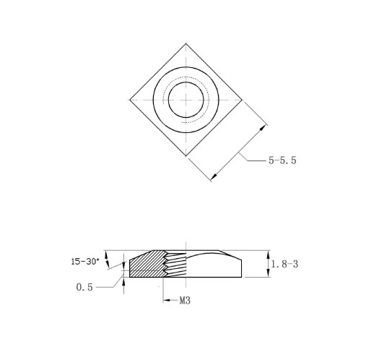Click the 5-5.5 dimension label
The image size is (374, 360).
[282, 160]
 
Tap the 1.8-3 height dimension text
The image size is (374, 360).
[284, 265]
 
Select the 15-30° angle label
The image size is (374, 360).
[85, 262]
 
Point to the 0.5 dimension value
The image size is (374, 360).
[84, 287]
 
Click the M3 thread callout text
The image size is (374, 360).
[185, 301]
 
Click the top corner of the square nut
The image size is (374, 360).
[186, 43]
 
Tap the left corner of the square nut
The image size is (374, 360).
[130, 100]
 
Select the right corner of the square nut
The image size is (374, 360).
[242, 100]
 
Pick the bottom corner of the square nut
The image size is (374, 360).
[186, 156]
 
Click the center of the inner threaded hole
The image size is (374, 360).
[186, 100]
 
